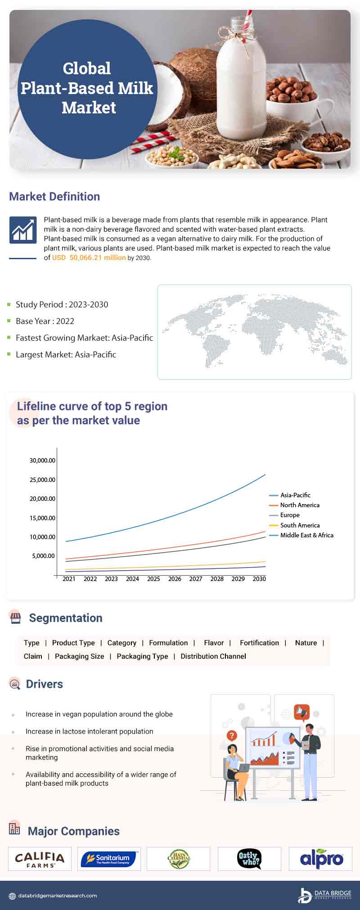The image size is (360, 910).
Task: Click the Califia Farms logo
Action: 40,859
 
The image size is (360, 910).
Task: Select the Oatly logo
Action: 249,859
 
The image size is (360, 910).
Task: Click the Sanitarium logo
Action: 108,859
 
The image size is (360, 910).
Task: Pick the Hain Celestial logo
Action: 179,859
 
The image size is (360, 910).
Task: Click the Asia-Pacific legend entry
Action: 295,495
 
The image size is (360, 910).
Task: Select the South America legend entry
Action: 299,525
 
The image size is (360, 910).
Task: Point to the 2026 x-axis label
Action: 175,579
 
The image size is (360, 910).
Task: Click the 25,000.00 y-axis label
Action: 42,480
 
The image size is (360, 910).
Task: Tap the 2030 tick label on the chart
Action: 259,579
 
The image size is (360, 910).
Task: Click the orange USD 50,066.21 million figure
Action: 89,258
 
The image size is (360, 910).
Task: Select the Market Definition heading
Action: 54,197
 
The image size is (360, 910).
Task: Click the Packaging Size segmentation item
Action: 79,656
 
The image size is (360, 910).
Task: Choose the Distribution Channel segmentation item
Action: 213,656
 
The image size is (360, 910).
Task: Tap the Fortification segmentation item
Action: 259,643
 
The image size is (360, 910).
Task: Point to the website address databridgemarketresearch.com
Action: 57,896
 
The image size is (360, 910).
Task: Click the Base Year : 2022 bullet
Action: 45,321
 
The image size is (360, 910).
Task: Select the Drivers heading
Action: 44,684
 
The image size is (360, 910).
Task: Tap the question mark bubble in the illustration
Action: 232,736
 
